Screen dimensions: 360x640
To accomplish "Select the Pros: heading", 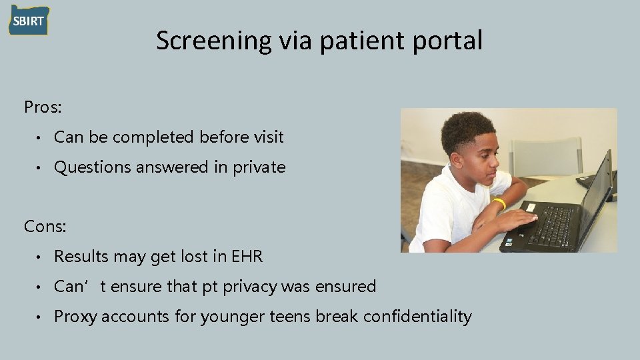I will [x=42, y=107].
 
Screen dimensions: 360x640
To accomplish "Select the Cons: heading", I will [x=45, y=227].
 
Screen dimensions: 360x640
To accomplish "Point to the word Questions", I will [x=93, y=167].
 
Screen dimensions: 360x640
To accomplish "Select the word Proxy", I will [x=73, y=317].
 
